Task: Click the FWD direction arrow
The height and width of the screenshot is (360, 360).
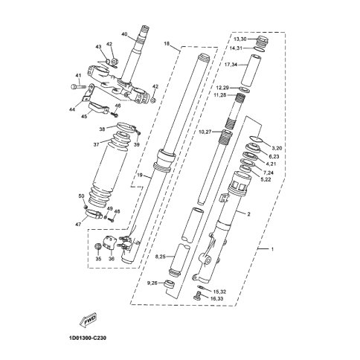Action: coord(87,318)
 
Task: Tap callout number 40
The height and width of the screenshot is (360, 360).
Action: coord(125,34)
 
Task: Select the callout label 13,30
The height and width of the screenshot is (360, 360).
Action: coord(240,39)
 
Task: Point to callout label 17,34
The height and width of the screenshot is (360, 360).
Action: coord(231,65)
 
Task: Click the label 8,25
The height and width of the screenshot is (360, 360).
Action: coord(161,257)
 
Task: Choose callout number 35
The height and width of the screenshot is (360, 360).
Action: coord(98,259)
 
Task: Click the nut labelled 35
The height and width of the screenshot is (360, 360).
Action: coord(97,246)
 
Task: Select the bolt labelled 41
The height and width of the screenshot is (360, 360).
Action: coord(77,87)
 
